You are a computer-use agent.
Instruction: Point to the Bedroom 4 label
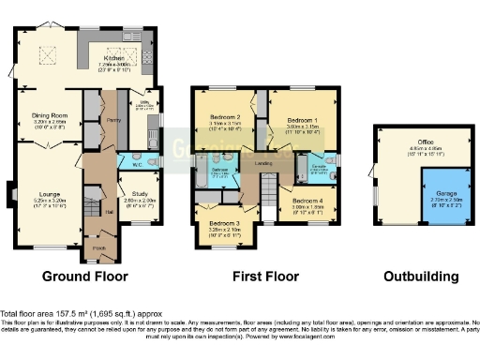(x=306, y=202)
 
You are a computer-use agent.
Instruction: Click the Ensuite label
(x=318, y=167)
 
